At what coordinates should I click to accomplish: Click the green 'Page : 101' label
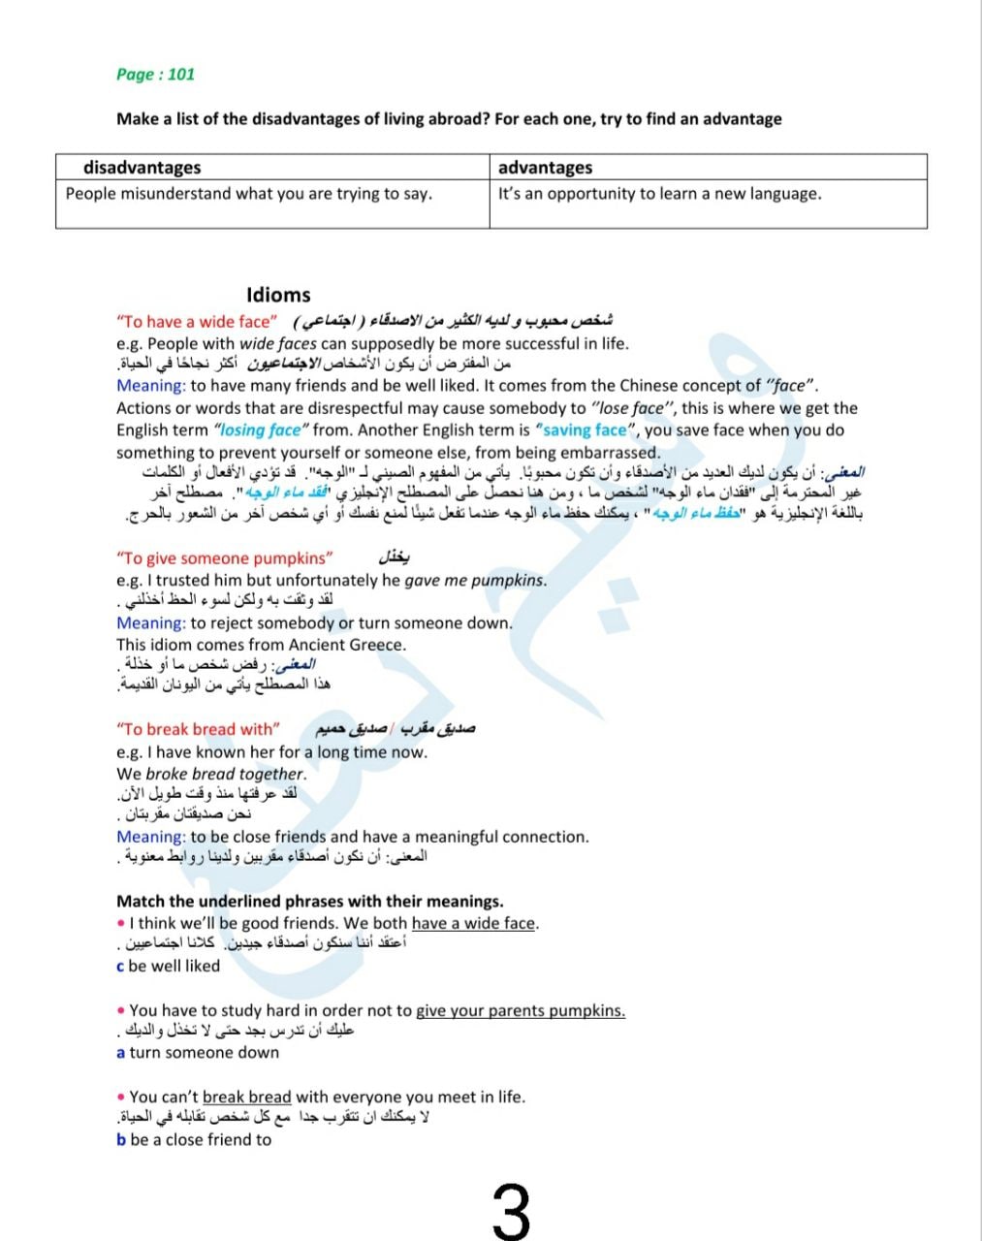(x=155, y=75)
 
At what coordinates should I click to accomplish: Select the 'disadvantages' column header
(x=142, y=167)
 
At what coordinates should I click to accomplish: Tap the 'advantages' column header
(x=545, y=167)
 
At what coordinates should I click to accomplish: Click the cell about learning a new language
(x=659, y=194)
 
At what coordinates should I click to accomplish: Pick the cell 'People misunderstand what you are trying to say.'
(x=248, y=194)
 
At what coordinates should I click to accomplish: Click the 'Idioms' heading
(x=278, y=296)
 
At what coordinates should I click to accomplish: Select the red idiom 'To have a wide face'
(x=196, y=322)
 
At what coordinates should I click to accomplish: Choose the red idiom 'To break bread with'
(x=199, y=729)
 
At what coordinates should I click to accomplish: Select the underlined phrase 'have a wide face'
(x=473, y=924)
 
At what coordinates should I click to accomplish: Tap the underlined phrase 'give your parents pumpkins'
(x=520, y=1011)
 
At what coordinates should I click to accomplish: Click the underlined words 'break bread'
(x=246, y=1098)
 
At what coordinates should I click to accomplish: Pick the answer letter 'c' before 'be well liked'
(x=120, y=967)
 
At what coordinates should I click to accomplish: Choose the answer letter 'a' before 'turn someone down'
(x=120, y=1053)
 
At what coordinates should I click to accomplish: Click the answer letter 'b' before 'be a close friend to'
(x=121, y=1140)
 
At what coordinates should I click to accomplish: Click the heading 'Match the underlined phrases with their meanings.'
(x=310, y=902)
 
